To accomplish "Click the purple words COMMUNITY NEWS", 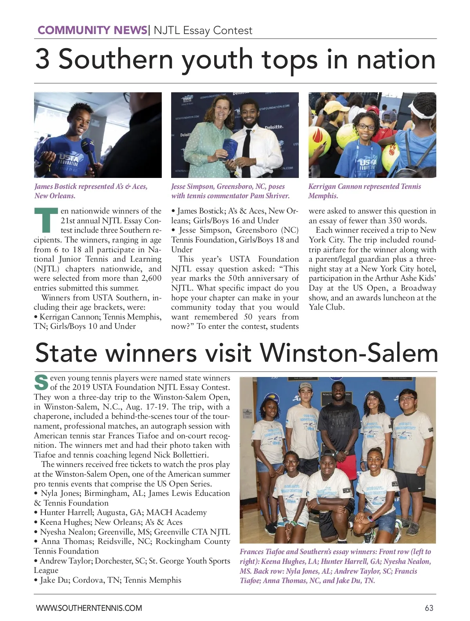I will click(92, 30).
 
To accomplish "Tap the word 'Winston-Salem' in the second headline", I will click(349, 353).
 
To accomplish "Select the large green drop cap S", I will click(41, 382).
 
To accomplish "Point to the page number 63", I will click(429, 608).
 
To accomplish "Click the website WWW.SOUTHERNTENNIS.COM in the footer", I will click(89, 608).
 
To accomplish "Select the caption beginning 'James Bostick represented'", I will click(91, 191).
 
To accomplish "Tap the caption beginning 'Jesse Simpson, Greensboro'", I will click(230, 191).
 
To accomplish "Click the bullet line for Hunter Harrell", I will click(123, 512).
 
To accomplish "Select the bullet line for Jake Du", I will click(110, 580).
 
